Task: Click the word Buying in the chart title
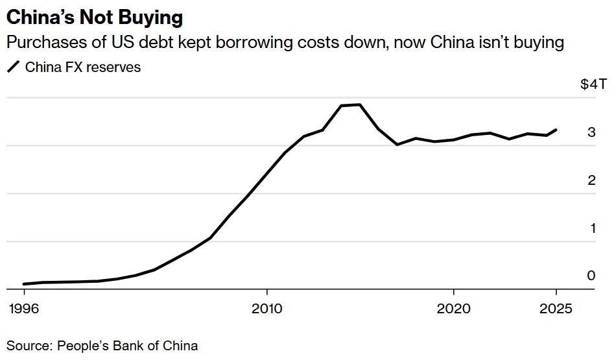150,18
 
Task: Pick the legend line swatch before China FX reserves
13,67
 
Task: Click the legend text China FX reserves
83,67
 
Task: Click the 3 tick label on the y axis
591,132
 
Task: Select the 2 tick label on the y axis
591,180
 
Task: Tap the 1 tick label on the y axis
591,228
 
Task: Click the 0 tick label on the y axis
591,276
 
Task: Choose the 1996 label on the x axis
24,309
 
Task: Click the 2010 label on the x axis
267,309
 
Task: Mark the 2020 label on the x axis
453,309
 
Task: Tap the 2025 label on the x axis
555,309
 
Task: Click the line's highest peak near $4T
360,104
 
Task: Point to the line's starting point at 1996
24,284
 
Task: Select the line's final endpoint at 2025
556,130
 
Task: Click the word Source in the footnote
27,345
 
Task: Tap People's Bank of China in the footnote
128,345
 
